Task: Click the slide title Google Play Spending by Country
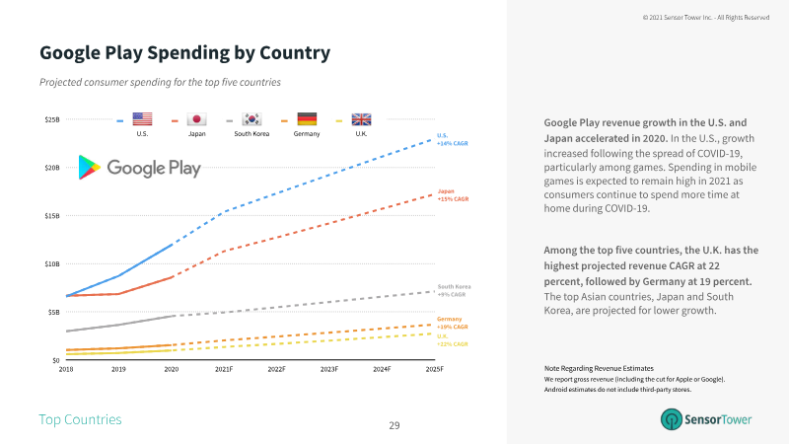184,51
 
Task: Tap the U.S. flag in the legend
142,117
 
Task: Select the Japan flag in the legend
195,117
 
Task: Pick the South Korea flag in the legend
251,117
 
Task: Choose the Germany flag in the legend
306,117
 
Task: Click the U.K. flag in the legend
361,117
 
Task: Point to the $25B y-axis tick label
51,119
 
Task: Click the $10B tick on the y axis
51,263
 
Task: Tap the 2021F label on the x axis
224,369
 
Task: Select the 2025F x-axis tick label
434,369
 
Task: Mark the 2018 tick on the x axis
66,369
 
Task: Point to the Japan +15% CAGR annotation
453,194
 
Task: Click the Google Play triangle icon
89,168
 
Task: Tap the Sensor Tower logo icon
672,419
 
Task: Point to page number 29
394,425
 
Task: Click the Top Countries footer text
80,420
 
